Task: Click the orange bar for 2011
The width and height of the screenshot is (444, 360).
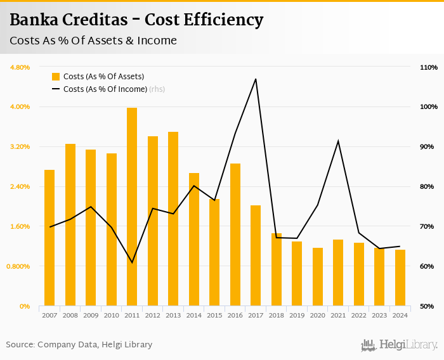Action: (132, 207)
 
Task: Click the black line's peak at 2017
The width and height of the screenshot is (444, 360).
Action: (256, 79)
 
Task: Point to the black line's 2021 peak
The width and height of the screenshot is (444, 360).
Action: (338, 141)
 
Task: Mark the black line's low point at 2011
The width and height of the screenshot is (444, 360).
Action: (132, 262)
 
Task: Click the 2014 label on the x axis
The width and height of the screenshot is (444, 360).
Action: (194, 315)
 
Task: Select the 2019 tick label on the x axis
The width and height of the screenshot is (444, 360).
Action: (297, 315)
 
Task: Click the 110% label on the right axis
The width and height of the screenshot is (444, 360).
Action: (429, 67)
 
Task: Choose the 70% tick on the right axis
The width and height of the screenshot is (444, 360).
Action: (427, 226)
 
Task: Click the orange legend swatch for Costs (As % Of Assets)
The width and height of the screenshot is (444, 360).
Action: (56, 77)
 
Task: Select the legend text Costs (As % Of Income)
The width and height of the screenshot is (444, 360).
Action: (105, 89)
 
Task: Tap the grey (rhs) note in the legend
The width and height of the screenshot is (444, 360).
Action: (157, 89)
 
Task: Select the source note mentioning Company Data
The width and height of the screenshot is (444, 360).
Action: (79, 345)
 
